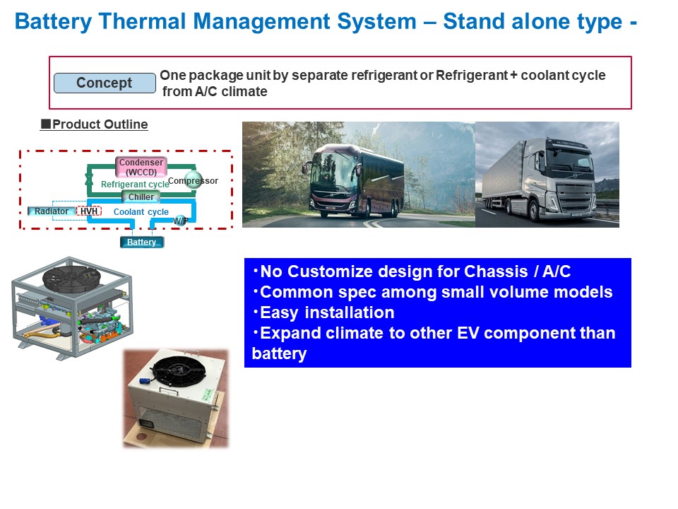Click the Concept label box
click(x=105, y=83)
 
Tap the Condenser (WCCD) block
click(x=141, y=167)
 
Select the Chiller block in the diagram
click(x=141, y=197)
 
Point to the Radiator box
click(x=52, y=211)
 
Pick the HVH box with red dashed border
click(x=89, y=211)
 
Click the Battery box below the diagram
click(x=142, y=242)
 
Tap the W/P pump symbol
click(x=180, y=221)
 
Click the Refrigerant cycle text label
click(x=135, y=185)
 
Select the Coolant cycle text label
click(x=141, y=211)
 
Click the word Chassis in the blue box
click(x=496, y=271)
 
